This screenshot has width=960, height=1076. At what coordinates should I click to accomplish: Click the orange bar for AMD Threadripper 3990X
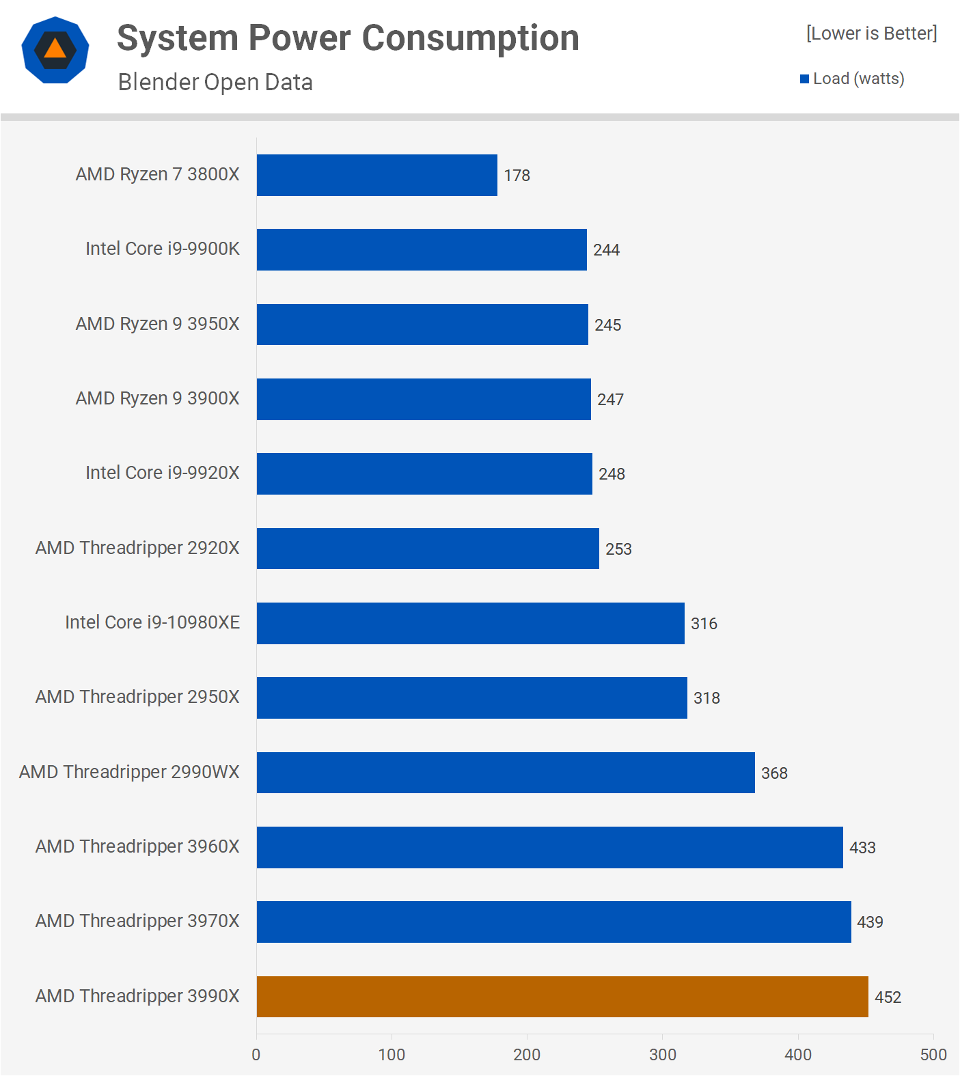click(x=562, y=997)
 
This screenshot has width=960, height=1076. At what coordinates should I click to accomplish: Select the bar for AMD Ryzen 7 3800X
click(x=377, y=176)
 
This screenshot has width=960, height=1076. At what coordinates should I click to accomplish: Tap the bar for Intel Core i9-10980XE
click(x=471, y=623)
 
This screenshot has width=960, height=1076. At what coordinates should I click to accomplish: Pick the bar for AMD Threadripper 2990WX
click(x=506, y=773)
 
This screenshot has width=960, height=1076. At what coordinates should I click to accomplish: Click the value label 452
click(x=888, y=997)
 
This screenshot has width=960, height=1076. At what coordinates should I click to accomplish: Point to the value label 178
click(x=517, y=176)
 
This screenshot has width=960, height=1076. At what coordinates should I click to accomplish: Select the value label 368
click(x=774, y=773)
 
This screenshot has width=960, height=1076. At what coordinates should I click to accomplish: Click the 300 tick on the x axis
click(x=662, y=1055)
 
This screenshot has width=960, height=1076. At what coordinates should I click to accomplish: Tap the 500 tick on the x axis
click(x=933, y=1055)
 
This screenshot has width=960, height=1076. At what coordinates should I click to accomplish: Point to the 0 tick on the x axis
click(x=256, y=1055)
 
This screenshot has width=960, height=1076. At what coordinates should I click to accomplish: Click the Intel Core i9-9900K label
click(x=163, y=249)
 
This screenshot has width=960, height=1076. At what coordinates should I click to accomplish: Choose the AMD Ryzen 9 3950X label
click(x=158, y=324)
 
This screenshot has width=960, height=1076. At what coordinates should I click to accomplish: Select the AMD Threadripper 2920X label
click(x=137, y=548)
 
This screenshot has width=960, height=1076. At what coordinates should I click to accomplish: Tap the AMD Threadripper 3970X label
click(x=137, y=921)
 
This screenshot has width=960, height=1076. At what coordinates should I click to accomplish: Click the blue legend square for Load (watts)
click(x=804, y=79)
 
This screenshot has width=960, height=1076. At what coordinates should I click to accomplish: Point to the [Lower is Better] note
click(x=871, y=33)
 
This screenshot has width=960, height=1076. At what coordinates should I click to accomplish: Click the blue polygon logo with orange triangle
click(x=55, y=50)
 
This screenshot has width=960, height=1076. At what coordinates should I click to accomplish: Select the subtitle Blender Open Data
click(x=215, y=82)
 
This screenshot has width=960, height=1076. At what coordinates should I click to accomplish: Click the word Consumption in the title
click(x=471, y=38)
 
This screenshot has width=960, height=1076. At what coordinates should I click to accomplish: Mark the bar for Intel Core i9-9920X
click(x=424, y=474)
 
